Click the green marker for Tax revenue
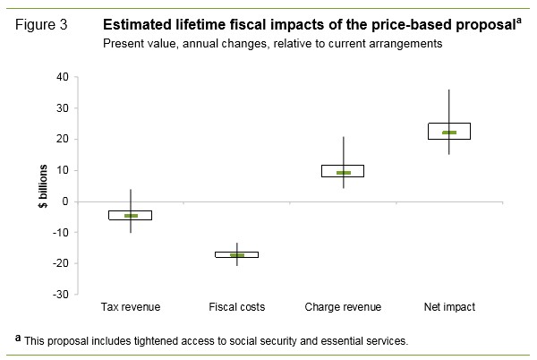(x=131, y=216)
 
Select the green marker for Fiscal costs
(x=237, y=255)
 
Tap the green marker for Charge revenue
(x=344, y=173)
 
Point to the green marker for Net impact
(x=449, y=133)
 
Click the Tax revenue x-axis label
(x=131, y=307)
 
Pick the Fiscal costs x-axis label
(x=237, y=307)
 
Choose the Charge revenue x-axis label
(x=344, y=307)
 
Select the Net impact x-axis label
(x=449, y=307)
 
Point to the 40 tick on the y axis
(x=63, y=78)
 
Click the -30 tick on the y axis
(x=61, y=295)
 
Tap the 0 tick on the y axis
(x=66, y=201)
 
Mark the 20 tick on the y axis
(x=63, y=140)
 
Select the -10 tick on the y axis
(x=61, y=233)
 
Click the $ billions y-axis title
(x=41, y=185)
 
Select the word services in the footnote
(x=388, y=341)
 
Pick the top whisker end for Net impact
(x=449, y=90)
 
